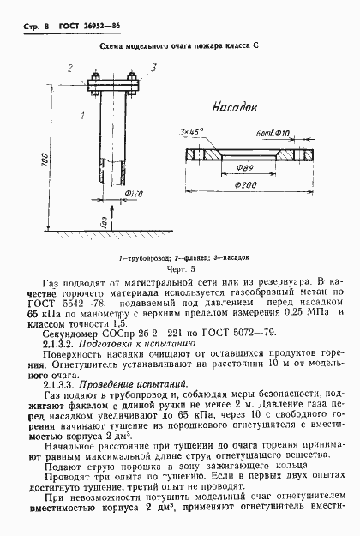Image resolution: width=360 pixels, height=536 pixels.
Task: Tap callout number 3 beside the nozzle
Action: pos(153,67)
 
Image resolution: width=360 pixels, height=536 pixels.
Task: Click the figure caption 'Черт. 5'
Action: pos(180,267)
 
